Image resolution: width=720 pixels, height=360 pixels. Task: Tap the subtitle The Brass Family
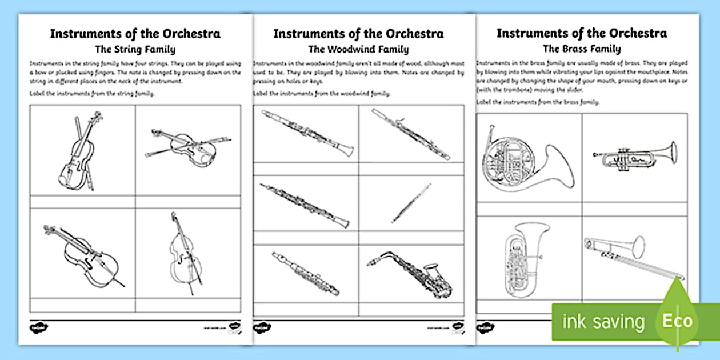582,49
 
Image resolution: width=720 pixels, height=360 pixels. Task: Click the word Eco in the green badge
677,321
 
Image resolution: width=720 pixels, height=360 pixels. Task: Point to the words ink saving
603,321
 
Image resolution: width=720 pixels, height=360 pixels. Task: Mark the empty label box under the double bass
188,305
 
